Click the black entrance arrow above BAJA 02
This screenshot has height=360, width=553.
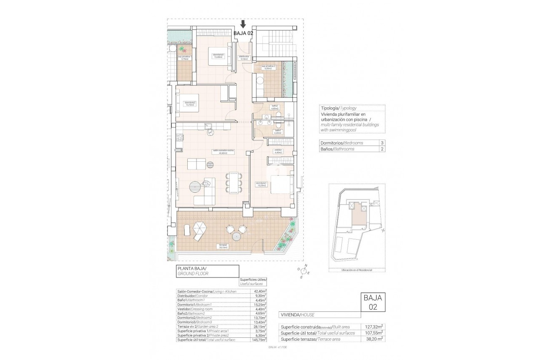click(243, 24)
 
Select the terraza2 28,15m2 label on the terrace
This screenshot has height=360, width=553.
click(222, 246)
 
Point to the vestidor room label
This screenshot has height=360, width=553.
click(278, 151)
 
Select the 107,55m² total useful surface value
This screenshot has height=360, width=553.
click(374, 333)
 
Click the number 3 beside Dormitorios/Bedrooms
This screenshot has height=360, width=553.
click(382, 143)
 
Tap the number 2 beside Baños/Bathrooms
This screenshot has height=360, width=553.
click(382, 149)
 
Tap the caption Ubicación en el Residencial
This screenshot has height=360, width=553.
click(357, 270)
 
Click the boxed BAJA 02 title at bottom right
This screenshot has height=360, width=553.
click(372, 302)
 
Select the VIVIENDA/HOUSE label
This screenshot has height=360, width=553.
click(297, 315)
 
